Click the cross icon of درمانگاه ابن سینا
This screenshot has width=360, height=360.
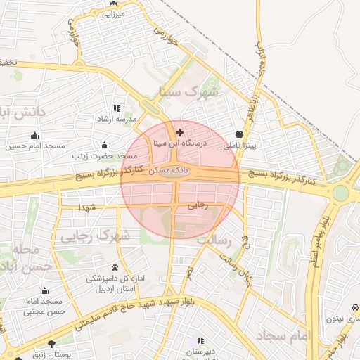[x=179, y=132]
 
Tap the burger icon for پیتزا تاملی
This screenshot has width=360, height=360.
[x=240, y=134]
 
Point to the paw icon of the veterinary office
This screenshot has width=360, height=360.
[x=115, y=268]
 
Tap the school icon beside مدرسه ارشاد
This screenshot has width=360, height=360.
[x=117, y=109]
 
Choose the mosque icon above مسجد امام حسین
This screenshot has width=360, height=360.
[x=35, y=136]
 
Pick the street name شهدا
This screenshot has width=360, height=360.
[x=88, y=208]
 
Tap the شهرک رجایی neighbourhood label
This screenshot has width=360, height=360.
[x=95, y=236]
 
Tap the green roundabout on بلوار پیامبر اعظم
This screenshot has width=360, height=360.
[x=341, y=193]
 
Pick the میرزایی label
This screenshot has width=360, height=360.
[x=113, y=13]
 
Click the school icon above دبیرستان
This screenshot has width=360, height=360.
[x=200, y=341]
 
